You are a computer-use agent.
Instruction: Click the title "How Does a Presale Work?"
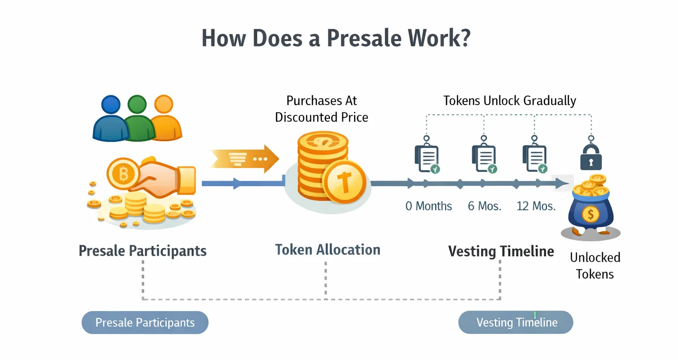pos(336,38)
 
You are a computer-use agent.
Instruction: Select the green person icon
pos(138,118)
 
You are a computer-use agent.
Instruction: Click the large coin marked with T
pos(344,182)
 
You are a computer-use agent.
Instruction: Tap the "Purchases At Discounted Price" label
pos(321,109)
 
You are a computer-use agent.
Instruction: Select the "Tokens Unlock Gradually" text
pos(509,101)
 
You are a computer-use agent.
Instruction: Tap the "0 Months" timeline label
pos(428,206)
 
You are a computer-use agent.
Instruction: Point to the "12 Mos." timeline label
pos(536,206)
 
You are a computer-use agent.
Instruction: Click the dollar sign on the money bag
pos(590,215)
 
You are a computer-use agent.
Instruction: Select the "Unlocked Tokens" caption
pos(595,265)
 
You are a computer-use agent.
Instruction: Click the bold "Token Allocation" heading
pos(328,250)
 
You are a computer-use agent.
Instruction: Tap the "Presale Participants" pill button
pos(145,322)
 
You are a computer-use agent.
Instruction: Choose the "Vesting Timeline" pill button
pos(516,322)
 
